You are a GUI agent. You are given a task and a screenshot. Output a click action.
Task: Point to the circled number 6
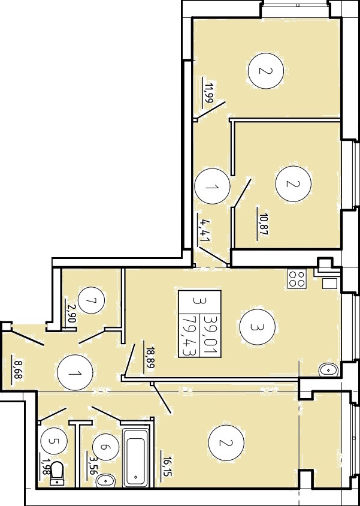pyautogui.click(x=105, y=447)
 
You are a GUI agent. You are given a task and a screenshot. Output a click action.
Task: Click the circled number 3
pyautogui.click(x=257, y=327)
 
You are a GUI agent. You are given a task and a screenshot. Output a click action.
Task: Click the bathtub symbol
pyautogui.click(x=136, y=457)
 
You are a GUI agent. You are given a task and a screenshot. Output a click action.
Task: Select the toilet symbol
pyautogui.click(x=58, y=474)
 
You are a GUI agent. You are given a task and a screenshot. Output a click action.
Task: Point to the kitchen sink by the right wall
pyautogui.click(x=328, y=370)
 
